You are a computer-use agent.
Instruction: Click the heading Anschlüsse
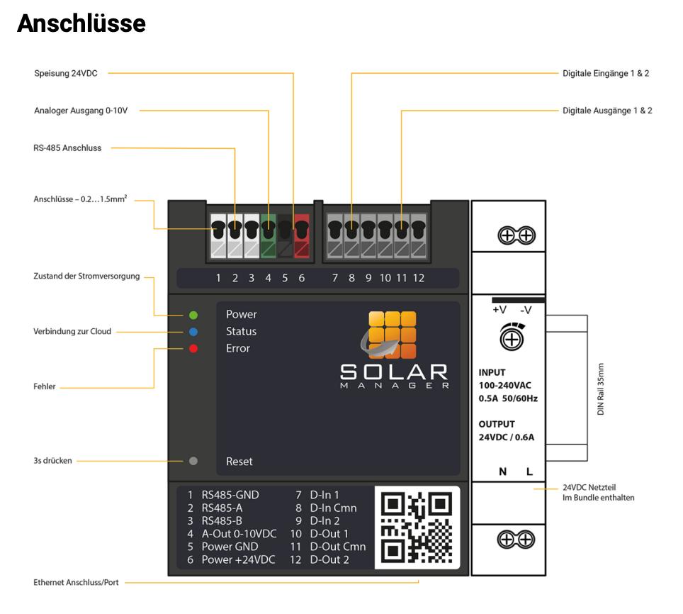pos(81,23)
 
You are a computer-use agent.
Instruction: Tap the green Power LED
pos(193,315)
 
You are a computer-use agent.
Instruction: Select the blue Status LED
pos(193,332)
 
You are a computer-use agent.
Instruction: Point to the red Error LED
pos(193,349)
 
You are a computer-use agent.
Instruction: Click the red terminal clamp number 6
pos(301,236)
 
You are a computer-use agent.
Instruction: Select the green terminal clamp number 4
pos(269,236)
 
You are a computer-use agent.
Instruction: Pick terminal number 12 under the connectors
pos(418,278)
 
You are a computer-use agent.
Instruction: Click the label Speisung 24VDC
pos(65,73)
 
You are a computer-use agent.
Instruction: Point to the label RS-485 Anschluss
pos(67,148)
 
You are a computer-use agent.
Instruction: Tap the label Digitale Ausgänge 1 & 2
pos(606,111)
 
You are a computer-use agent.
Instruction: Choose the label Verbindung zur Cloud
pos(72,331)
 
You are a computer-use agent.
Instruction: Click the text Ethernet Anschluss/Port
pos(76,583)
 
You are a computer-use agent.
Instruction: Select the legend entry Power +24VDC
pos(238,559)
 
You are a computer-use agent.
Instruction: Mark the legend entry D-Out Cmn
pos(337,547)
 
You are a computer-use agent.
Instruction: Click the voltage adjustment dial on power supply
pos(512,337)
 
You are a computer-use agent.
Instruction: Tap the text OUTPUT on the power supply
pos(497,424)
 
